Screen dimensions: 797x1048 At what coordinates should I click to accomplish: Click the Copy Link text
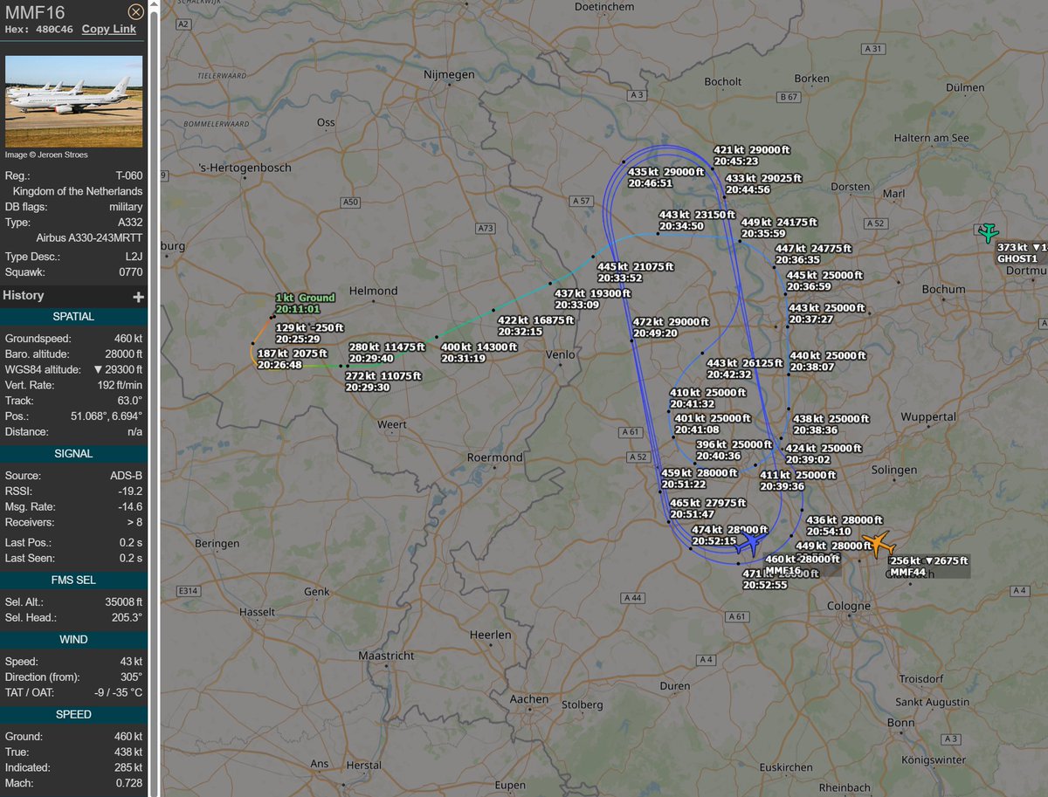pos(109,29)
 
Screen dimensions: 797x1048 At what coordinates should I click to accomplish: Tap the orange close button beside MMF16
pos(135,12)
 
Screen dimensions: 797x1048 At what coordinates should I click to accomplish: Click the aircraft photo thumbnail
pos(74,102)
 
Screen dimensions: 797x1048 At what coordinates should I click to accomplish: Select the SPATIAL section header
pos(73,316)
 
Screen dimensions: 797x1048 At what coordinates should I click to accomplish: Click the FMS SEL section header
pos(73,580)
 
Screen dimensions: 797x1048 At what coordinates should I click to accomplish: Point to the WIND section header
pos(73,639)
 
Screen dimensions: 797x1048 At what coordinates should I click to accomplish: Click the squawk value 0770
pos(130,272)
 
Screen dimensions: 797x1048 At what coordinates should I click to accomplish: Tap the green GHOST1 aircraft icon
pos(988,233)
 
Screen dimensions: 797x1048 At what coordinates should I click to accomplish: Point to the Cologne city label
pos(848,605)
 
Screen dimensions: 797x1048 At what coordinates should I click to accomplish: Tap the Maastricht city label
pos(385,655)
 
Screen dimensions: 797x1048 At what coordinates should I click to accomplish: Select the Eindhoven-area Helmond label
pos(373,291)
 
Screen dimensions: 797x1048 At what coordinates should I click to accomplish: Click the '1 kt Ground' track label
pos(305,303)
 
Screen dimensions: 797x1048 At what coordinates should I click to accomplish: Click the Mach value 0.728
pos(128,783)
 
